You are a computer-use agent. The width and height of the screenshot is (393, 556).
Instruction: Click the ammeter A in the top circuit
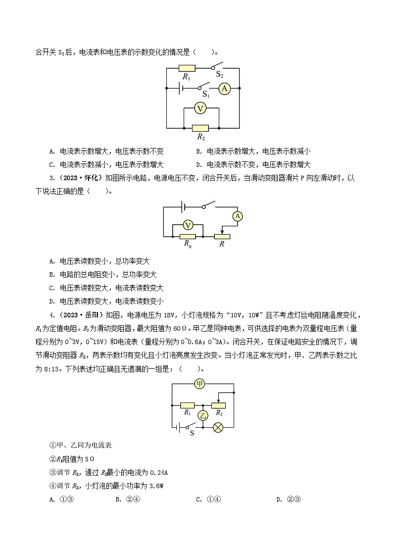tap(225, 89)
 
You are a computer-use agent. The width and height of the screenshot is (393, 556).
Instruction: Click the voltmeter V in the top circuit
tap(199, 108)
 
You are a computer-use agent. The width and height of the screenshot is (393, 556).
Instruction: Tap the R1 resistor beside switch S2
tap(187, 68)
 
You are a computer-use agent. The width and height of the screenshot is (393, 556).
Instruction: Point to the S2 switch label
tap(220, 76)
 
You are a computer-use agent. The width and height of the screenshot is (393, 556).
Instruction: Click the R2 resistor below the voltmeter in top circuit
tap(200, 128)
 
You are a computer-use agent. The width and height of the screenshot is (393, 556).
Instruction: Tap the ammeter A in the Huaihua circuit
tap(238, 216)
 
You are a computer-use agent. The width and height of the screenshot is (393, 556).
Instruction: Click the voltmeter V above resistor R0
tap(188, 225)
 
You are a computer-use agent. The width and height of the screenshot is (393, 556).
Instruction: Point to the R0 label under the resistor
tap(188, 244)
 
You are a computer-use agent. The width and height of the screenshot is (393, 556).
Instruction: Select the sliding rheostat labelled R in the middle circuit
tap(222, 236)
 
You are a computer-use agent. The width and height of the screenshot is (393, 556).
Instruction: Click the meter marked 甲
tap(199, 384)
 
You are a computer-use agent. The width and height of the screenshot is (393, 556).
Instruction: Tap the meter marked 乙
tap(202, 415)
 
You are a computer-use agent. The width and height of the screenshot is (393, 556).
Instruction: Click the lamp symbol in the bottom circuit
tap(218, 427)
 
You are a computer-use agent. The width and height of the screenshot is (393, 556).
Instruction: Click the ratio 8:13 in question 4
tap(50, 355)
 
